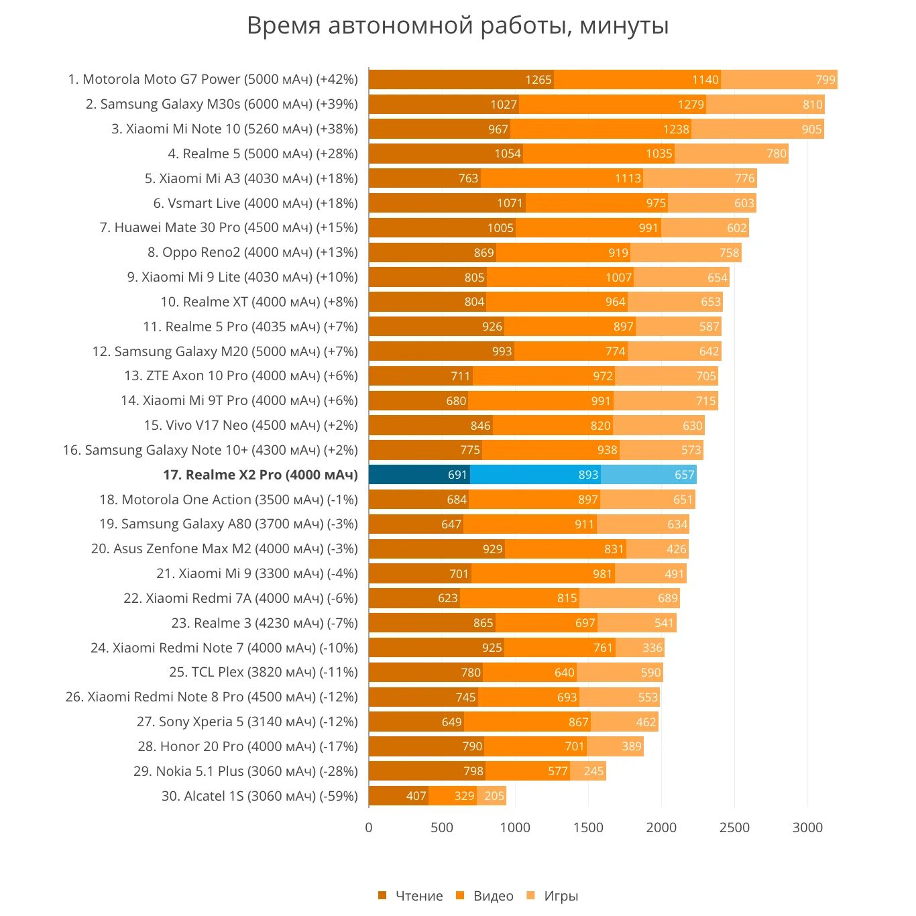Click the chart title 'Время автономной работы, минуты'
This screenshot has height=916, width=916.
point(457,26)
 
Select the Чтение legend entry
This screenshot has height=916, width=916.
point(410,896)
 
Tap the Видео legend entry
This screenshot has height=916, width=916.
point(485,896)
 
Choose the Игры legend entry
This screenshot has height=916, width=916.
point(553,896)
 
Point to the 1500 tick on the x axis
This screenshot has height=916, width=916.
point(588,827)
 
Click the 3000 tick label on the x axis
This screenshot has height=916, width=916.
point(807,827)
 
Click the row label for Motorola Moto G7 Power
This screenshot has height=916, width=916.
point(213,80)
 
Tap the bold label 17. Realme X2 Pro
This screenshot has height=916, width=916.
point(261,475)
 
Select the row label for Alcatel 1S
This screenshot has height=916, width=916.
point(260,796)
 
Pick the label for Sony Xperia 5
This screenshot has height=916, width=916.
point(247,722)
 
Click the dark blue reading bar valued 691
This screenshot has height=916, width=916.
point(419,475)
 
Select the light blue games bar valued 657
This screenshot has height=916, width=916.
point(648,475)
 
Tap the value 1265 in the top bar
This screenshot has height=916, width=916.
point(538,80)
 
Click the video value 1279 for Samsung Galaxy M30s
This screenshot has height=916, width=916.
point(691,105)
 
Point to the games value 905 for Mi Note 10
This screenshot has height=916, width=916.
point(811,129)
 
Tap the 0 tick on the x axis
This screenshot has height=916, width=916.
point(369,827)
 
